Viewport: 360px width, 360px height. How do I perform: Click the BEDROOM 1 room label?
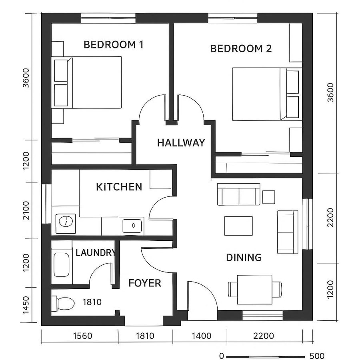pos(113,44)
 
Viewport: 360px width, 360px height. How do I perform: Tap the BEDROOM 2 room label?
pos(241,49)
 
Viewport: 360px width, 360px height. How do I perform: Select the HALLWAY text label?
pos(181,143)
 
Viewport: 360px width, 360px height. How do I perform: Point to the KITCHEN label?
pos(119,187)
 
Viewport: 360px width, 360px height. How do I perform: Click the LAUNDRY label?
pos(95,253)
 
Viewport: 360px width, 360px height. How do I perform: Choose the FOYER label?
pos(144,283)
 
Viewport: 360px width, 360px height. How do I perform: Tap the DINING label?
pos(244,258)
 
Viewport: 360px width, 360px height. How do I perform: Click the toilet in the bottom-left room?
pos(64,304)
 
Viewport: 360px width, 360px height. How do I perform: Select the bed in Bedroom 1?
pos(88,82)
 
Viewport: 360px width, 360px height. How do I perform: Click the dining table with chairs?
pos(254,289)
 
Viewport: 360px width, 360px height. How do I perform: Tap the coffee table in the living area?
pos(238,226)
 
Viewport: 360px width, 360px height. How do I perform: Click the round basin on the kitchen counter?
pos(65,220)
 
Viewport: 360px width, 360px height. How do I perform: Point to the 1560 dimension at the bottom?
pos(83,336)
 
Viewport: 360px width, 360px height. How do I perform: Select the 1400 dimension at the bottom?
pos(201,336)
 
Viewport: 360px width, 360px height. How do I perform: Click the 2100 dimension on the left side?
pos(26,210)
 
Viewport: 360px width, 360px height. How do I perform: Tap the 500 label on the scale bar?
pos(317,356)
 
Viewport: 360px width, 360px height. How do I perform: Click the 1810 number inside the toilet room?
pos(92,302)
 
